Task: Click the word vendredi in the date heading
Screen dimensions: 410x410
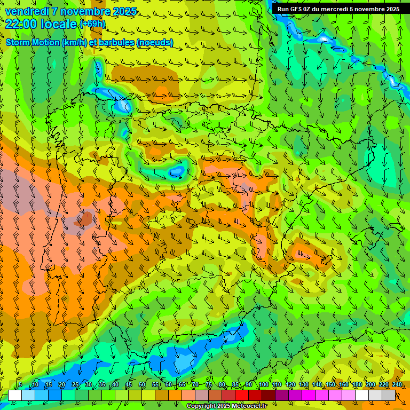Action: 26,11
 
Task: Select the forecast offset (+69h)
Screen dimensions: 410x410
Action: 92,24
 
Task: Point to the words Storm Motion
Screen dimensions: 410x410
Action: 31,42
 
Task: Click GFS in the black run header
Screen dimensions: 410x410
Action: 297,9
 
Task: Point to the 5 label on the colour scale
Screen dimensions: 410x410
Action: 20,384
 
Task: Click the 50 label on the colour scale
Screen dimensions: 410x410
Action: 142,384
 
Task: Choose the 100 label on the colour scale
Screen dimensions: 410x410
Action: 263,384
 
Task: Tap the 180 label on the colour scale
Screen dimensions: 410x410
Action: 357,384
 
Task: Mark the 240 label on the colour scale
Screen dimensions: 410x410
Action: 397,384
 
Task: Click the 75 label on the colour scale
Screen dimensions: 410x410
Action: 209,384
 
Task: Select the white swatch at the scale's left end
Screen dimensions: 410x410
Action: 15,395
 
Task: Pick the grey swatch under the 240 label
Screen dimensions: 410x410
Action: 389,395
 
